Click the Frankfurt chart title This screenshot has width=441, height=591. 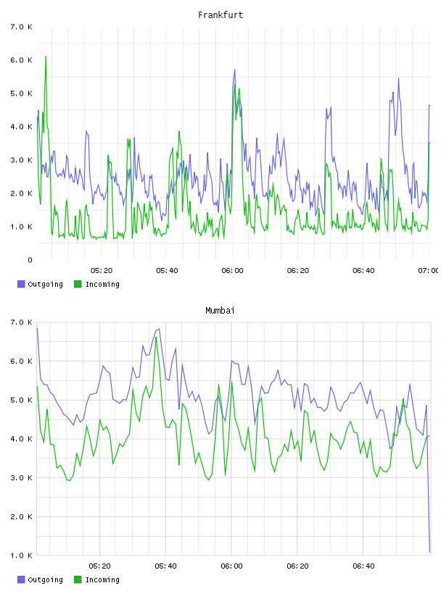click(220, 15)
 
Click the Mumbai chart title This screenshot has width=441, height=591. click(220, 311)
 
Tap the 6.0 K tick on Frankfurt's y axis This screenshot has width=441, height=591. click(22, 60)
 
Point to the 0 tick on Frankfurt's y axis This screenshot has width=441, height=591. click(30, 260)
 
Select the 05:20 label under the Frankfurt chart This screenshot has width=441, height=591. click(102, 271)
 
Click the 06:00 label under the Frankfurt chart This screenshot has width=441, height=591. click(233, 271)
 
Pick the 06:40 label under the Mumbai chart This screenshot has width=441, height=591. click(363, 566)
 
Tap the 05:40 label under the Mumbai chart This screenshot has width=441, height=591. click(166, 566)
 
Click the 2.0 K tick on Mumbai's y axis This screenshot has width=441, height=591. click(22, 516)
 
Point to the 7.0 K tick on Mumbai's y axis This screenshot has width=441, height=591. click(22, 322)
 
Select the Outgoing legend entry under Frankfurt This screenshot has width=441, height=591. click(41, 284)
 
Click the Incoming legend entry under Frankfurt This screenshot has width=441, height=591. click(97, 284)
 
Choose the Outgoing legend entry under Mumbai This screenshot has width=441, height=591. click(41, 579)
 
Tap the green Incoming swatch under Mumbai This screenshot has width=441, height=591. click(78, 579)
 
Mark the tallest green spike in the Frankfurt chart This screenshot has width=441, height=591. click(46, 56)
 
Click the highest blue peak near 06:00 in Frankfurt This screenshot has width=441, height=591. click(234, 70)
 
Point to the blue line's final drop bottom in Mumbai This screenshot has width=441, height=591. click(429, 552)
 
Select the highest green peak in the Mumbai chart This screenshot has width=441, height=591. click(156, 338)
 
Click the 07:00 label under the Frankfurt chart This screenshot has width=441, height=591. click(429, 271)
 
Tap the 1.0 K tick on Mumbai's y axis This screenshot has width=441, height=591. click(22, 556)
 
